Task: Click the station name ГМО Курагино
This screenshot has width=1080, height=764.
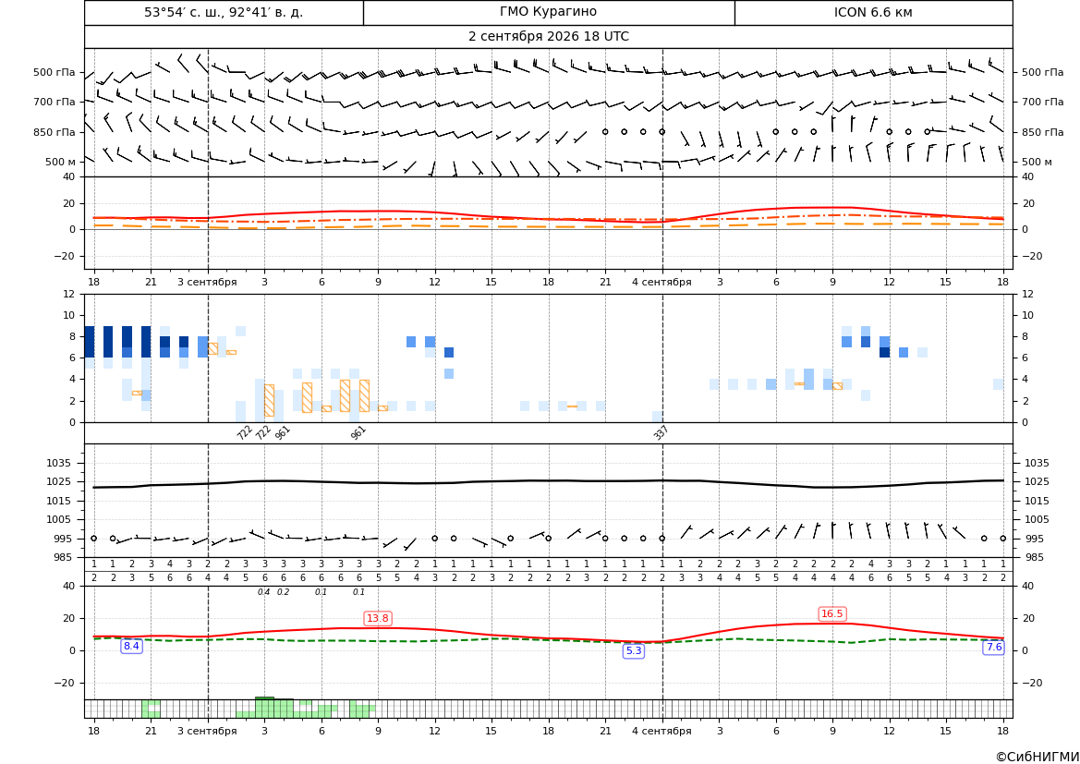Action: click(548, 12)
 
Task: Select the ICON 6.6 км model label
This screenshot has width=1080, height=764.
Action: click(873, 12)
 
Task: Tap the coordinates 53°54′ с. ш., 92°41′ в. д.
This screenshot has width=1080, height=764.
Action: click(224, 12)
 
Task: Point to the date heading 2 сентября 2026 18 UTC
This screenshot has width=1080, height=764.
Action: click(548, 37)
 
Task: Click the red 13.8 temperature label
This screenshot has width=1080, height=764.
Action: click(378, 618)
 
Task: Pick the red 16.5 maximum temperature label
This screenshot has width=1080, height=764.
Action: click(832, 613)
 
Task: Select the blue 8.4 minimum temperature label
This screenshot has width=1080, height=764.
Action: click(131, 646)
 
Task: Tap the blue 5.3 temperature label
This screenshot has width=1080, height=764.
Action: click(634, 650)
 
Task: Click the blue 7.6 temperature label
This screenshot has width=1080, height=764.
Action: click(994, 647)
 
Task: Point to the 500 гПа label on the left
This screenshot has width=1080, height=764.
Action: click(55, 72)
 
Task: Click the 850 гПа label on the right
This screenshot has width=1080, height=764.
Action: click(1043, 132)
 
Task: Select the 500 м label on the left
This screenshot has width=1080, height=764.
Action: click(61, 162)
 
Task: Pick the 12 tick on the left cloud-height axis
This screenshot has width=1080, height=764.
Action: click(69, 294)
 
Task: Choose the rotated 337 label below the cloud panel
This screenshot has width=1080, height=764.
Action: click(661, 432)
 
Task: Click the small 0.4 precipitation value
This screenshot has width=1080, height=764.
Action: click(264, 592)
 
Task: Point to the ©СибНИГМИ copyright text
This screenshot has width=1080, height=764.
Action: click(1038, 757)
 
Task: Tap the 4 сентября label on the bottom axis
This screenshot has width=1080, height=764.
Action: click(661, 731)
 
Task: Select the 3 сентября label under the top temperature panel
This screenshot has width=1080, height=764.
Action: click(207, 282)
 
